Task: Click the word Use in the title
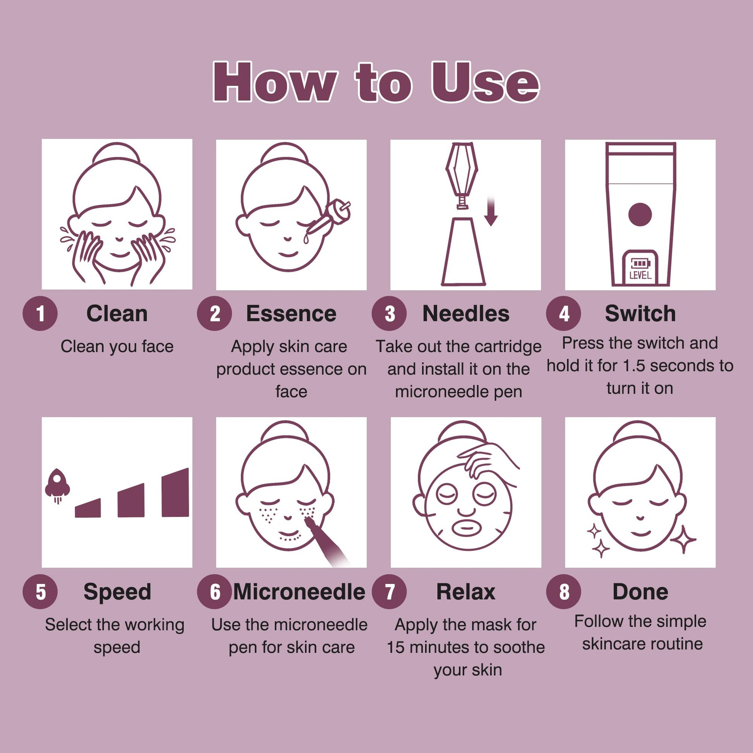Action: point(485,83)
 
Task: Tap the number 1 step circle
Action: point(40,313)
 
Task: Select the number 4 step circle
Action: point(563,313)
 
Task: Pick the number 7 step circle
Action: point(389,592)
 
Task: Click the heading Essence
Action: point(291,314)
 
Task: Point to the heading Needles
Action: point(466,314)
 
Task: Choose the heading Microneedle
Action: point(299,592)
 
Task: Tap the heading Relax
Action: point(466,592)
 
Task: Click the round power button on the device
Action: point(640,214)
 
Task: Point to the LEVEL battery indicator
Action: point(640,268)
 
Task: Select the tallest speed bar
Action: point(175,493)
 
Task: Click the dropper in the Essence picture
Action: point(327,220)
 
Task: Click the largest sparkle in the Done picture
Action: point(683,539)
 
